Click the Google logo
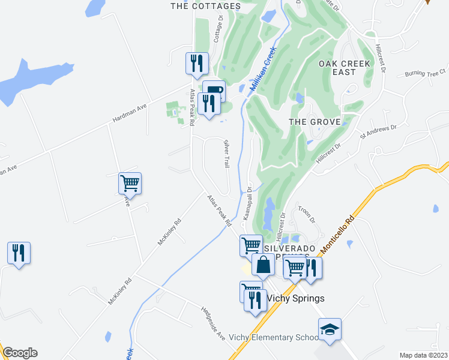pos(20,353)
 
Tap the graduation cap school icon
pos(330,330)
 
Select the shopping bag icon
pos(263,264)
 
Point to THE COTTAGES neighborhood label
pos(205,7)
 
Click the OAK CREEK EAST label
pos(345,67)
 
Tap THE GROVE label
pos(315,122)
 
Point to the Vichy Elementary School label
pos(273,337)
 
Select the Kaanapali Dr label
pos(247,204)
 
